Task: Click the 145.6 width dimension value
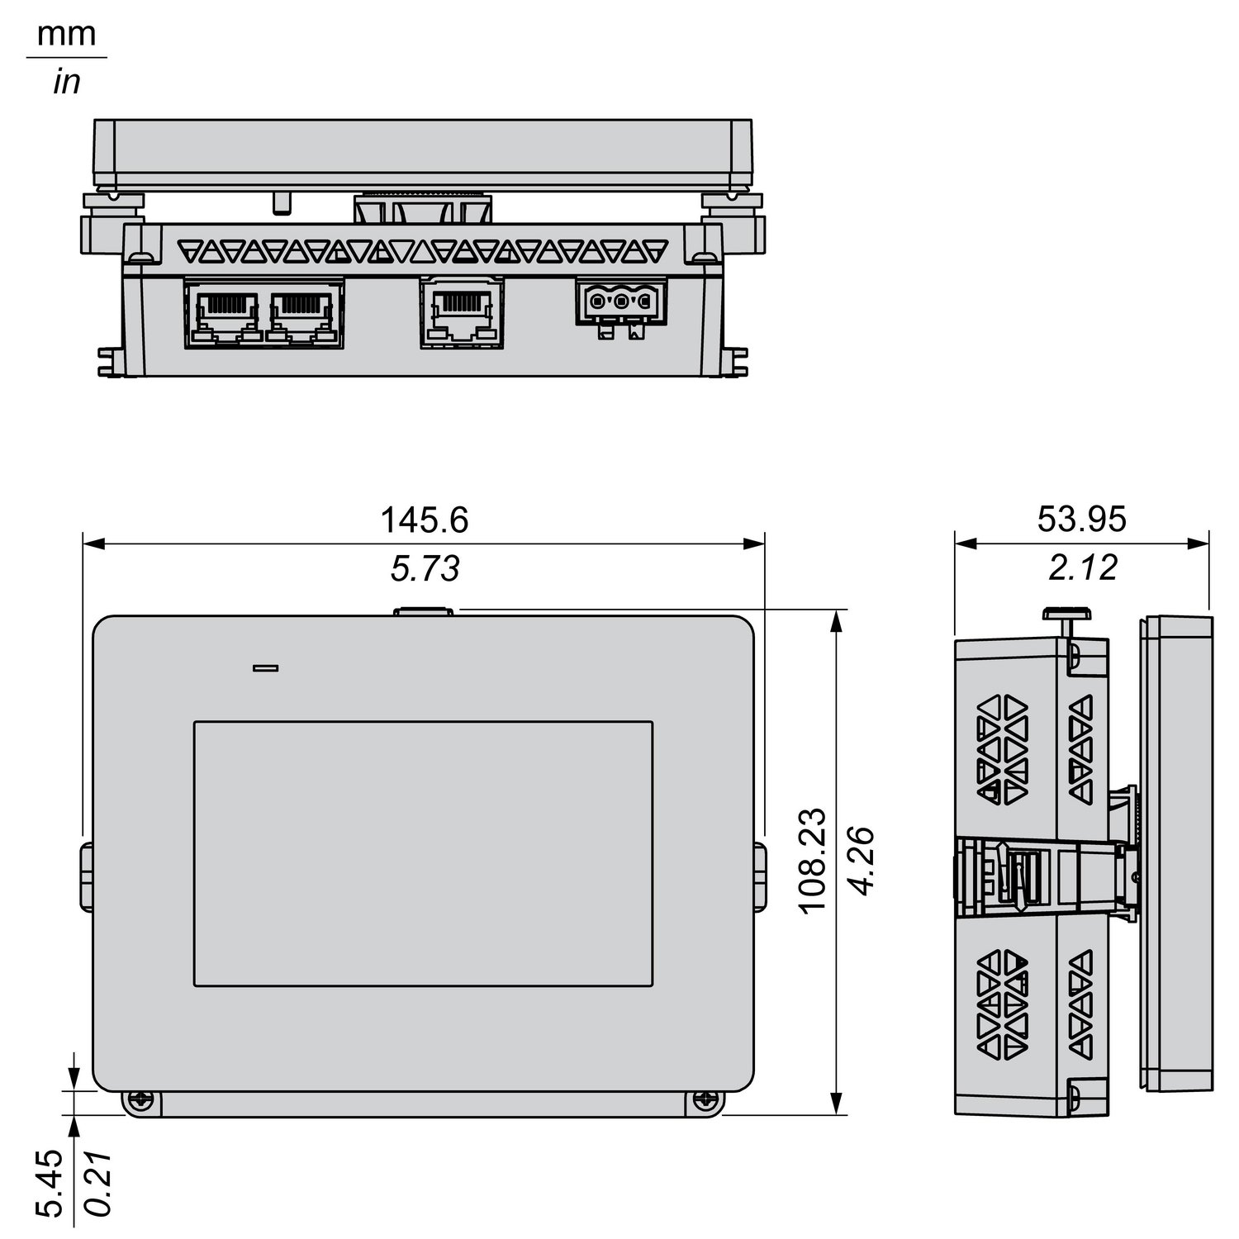pos(424,520)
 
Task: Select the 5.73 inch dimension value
pos(425,568)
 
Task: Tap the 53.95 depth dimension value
pos(1081,520)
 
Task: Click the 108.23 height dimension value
pos(814,860)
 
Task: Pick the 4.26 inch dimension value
pos(862,860)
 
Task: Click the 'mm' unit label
pos(67,35)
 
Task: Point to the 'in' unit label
pos(66,83)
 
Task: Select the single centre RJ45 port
pos(462,311)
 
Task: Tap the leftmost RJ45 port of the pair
pos(223,313)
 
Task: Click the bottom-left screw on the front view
pos(140,1099)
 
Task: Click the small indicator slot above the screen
pos(265,667)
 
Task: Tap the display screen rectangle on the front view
pos(423,853)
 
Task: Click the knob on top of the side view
pos(1068,613)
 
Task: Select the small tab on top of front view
pos(424,611)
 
